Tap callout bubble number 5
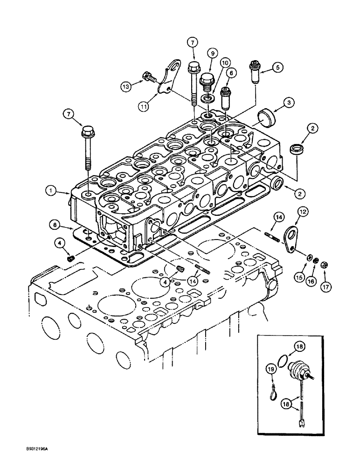(x=279, y=68)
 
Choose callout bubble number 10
(x=225, y=62)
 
